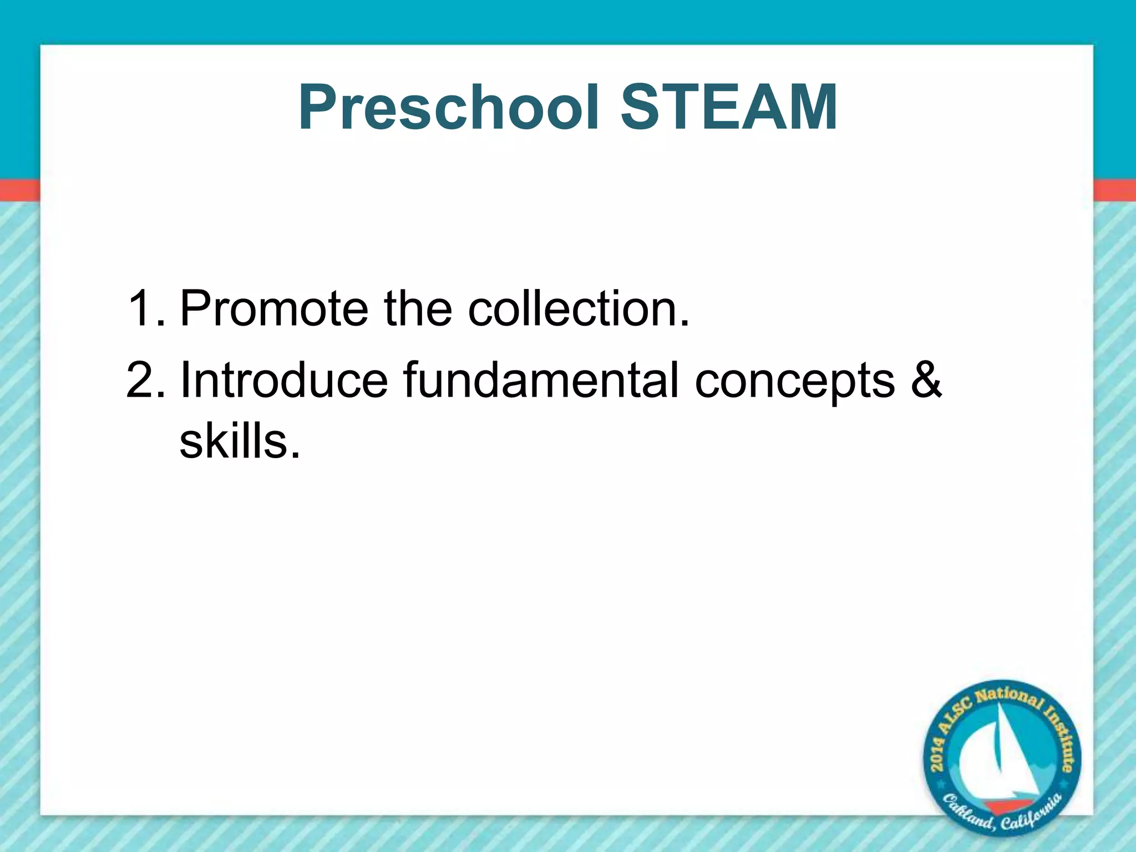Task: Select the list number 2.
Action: click(x=144, y=380)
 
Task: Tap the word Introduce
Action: click(x=283, y=380)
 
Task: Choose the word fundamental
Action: click(x=541, y=380)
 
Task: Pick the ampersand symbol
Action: click(x=926, y=380)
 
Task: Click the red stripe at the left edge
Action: click(x=20, y=190)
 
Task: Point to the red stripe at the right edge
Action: click(x=1114, y=190)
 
